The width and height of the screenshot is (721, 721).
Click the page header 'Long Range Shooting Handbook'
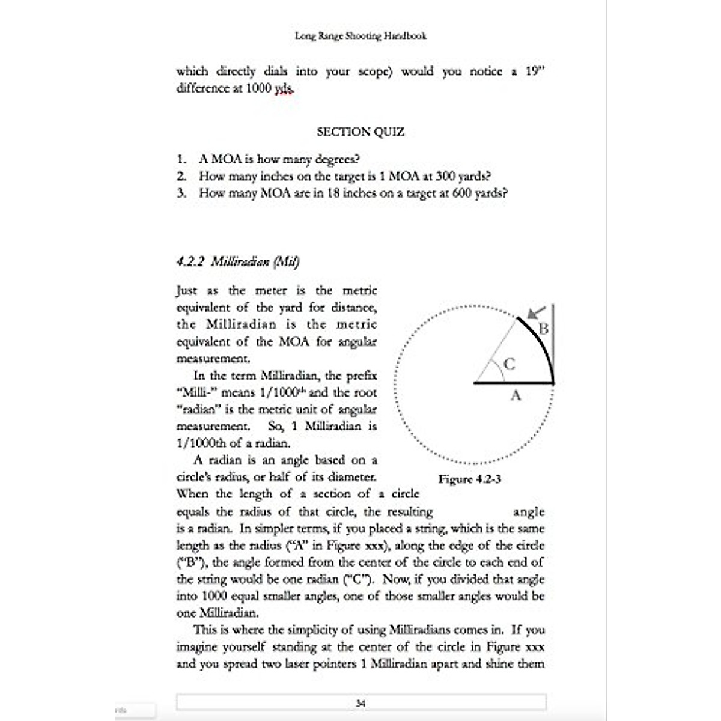pos(360,35)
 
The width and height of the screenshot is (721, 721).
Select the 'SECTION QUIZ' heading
pos(360,132)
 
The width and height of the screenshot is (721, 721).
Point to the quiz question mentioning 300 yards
pos(345,176)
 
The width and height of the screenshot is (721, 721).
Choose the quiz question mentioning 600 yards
pos(353,193)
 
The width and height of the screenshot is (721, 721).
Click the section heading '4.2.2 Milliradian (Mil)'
pos(238,261)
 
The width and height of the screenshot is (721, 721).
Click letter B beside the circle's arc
pos(543,329)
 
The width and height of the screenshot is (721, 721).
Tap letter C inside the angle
pos(509,364)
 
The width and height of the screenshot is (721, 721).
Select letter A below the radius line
pos(515,395)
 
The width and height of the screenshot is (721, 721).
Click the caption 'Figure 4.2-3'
pos(469,479)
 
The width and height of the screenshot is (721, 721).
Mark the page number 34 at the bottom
pos(360,702)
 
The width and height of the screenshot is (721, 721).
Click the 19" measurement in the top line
pos(534,71)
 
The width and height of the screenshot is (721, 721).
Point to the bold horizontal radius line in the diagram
pos(513,382)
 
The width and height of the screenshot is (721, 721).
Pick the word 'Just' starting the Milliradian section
pos(186,291)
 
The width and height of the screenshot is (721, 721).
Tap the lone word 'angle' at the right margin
pos(529,512)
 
